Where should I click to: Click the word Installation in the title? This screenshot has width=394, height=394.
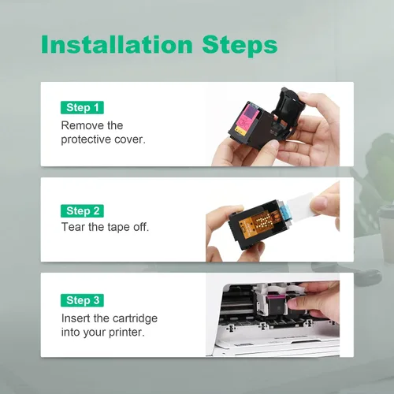[x=117, y=44]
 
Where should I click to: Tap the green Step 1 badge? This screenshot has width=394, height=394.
[x=82, y=107]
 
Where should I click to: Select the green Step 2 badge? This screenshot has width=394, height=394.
[x=82, y=211]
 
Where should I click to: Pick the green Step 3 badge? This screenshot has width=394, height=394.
[x=82, y=300]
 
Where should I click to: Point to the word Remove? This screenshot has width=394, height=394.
[x=78, y=125]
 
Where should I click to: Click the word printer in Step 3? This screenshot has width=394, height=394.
[x=126, y=333]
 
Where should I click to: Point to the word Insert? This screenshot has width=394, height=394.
[x=76, y=318]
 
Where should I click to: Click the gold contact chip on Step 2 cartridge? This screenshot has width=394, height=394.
[x=259, y=223]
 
